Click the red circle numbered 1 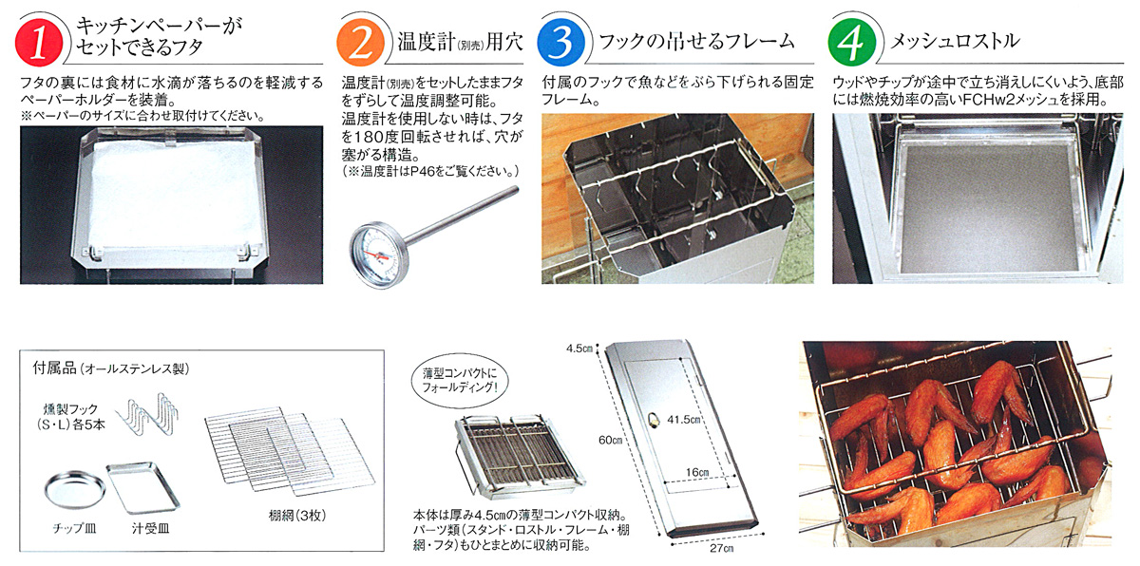click(x=39, y=42)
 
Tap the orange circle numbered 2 click(x=360, y=42)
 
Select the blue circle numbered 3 click(x=561, y=42)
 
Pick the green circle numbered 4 click(x=852, y=42)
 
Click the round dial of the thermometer click(x=376, y=253)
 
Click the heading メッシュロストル click(x=955, y=41)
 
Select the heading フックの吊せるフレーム click(x=696, y=41)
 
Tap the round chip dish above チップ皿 click(x=75, y=490)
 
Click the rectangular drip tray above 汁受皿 click(x=143, y=486)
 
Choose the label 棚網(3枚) click(x=297, y=515)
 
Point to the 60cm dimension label click(x=610, y=440)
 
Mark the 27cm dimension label click(x=722, y=549)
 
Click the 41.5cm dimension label click(x=685, y=420)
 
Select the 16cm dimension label click(x=697, y=472)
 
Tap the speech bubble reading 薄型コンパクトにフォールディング click(x=459, y=381)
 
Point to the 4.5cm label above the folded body click(x=579, y=349)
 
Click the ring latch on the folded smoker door click(x=652, y=420)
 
